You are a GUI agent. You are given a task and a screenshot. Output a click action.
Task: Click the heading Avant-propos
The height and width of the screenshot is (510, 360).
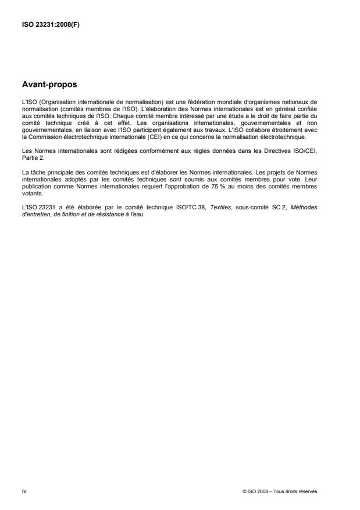[49, 85]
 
